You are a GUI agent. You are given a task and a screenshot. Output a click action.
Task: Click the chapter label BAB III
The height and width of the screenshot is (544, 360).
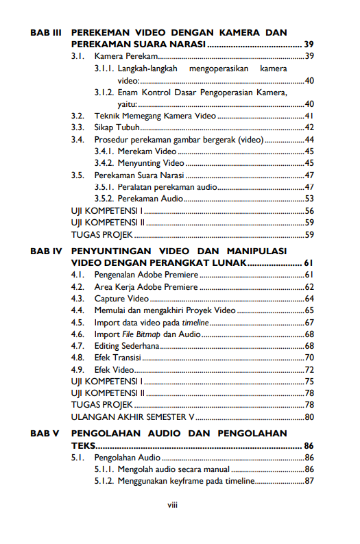point(47,33)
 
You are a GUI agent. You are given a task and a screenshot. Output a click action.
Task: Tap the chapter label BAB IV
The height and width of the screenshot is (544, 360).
point(47,251)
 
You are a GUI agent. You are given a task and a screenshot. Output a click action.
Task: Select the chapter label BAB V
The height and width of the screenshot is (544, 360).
point(45,434)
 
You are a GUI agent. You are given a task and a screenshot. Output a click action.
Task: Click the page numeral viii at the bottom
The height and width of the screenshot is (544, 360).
point(173,506)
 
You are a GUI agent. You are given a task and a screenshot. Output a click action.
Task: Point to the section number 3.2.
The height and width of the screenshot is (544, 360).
point(77,116)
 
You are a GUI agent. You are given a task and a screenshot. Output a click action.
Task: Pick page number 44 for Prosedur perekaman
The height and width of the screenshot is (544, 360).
point(309,139)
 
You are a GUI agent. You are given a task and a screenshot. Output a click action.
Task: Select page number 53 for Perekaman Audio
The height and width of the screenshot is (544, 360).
point(309,199)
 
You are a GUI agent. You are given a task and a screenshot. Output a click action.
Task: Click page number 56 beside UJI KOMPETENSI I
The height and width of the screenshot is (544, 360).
point(309,210)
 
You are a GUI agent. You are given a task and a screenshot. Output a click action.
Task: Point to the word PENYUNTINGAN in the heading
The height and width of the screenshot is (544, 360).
point(114,251)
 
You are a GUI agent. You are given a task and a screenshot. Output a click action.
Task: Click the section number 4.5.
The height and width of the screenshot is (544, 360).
point(77,322)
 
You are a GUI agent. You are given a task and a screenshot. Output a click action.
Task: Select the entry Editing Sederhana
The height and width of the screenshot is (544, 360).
point(126,346)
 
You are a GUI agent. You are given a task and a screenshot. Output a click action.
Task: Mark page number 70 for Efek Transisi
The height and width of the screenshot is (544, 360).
point(309,358)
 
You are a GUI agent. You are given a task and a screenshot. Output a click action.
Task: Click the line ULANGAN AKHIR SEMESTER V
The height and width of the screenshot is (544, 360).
point(133,417)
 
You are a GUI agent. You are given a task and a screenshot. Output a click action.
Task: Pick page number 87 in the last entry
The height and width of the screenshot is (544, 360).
point(309,481)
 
